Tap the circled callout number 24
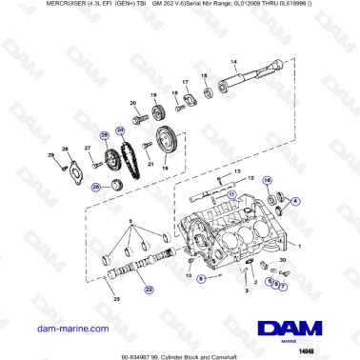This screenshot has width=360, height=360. tap(120, 130)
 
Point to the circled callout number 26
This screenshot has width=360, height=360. tap(95, 188)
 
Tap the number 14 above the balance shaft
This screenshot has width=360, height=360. tap(233, 62)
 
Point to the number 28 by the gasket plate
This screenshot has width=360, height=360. tap(66, 150)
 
